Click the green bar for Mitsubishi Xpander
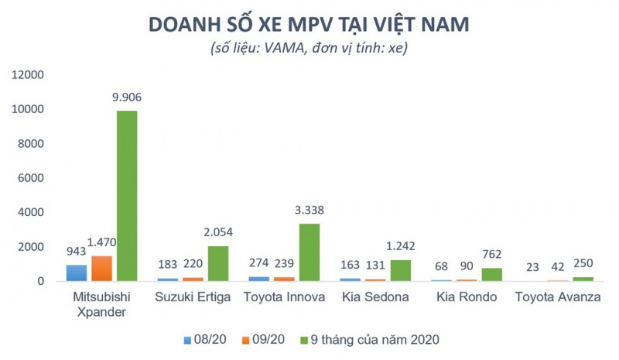pos(127,195)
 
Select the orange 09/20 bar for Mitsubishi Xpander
pos(101,268)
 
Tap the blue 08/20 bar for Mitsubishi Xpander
pos(76,273)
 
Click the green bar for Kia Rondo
pos(491,274)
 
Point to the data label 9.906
pos(127,98)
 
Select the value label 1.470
pos(101,242)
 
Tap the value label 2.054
pos(217,231)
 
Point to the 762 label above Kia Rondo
pos(491,254)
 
